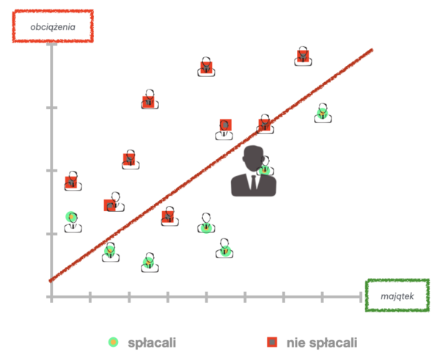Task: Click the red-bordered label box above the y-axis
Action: tap(52, 26)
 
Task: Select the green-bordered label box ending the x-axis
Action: tap(397, 295)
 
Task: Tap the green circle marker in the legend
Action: tap(113, 342)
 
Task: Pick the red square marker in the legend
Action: tap(272, 342)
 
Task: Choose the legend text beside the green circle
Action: tap(151, 342)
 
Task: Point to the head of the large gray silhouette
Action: tap(253, 158)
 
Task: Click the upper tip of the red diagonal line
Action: tap(372, 50)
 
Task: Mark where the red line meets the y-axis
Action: tap(51, 279)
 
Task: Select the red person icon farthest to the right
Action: tap(303, 56)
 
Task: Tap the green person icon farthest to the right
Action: tap(322, 113)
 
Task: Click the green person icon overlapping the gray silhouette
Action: tap(265, 167)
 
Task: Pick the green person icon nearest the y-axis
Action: tap(72, 219)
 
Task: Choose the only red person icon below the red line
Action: tap(169, 216)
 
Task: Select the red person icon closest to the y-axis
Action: tap(72, 180)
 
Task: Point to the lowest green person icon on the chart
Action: tap(150, 262)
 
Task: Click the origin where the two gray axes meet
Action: tap(51, 296)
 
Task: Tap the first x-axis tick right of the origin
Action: tap(90, 296)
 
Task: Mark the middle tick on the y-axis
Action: tap(51, 170)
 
